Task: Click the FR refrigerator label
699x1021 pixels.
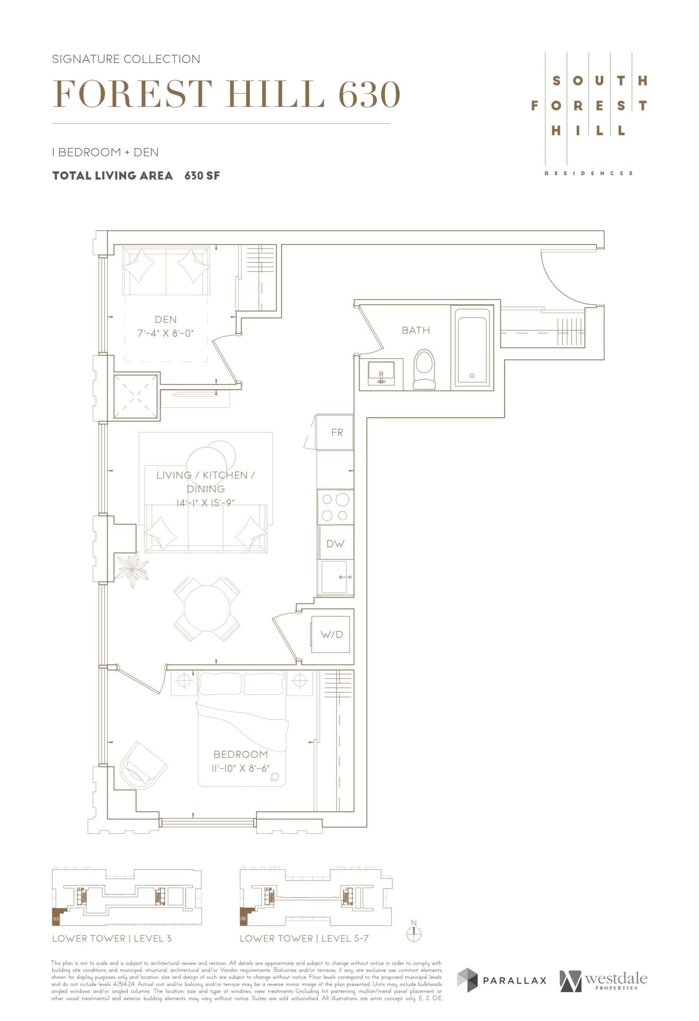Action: coord(337,433)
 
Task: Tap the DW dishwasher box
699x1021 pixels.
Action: coord(335,544)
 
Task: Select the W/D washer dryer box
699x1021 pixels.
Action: coord(331,635)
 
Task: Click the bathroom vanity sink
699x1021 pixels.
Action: coord(381,373)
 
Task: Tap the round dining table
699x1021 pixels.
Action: coord(207,609)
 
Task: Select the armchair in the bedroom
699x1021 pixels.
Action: coord(142,766)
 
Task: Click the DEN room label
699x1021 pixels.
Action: coord(166,319)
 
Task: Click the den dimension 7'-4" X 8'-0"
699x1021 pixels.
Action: coord(166,333)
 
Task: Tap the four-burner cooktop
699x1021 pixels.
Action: coord(335,507)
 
